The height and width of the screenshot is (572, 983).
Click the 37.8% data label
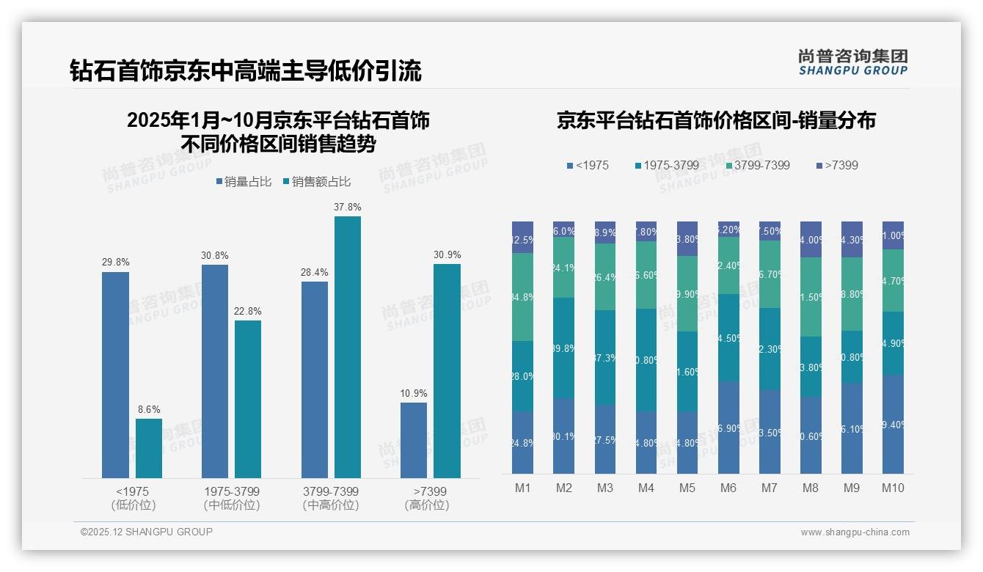point(348,208)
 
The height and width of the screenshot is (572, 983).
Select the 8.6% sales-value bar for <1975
point(149,448)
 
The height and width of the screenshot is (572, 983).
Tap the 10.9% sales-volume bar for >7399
point(414,440)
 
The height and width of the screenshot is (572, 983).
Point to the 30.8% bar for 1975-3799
point(214,371)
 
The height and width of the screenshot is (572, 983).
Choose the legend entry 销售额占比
point(316,182)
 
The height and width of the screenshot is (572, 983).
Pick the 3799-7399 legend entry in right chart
point(758,166)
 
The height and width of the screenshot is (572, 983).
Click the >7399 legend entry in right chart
point(836,166)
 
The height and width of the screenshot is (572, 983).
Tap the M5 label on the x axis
point(687,488)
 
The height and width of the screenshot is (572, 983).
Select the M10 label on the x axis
point(893,488)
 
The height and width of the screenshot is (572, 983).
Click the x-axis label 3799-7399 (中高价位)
point(331,498)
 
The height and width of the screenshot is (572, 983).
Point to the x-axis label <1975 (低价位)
point(133,498)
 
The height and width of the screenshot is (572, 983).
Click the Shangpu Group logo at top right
point(852,62)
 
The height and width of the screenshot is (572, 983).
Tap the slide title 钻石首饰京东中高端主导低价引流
point(246,71)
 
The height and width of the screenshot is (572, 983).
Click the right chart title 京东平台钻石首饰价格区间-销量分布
point(716,120)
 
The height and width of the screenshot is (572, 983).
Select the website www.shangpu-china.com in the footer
point(855,532)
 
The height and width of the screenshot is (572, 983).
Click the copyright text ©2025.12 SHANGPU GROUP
point(147,532)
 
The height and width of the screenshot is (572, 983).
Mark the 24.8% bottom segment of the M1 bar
point(523,442)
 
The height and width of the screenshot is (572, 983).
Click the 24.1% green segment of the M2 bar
point(564,268)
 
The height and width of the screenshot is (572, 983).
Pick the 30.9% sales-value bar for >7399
point(447,371)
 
